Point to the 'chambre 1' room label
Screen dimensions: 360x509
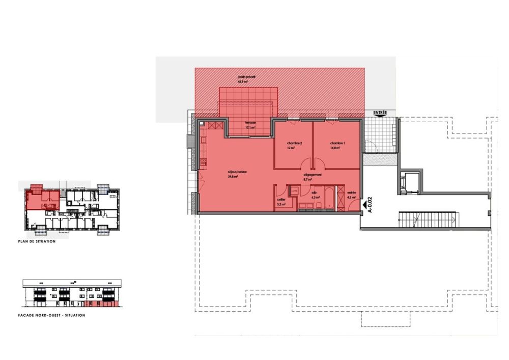(337, 143)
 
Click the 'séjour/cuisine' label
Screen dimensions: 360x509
(237, 173)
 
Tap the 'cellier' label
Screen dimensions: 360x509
(281, 200)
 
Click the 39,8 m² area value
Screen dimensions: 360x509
(233, 177)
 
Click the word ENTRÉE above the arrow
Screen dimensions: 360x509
(380, 112)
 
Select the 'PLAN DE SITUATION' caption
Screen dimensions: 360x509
(36, 241)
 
